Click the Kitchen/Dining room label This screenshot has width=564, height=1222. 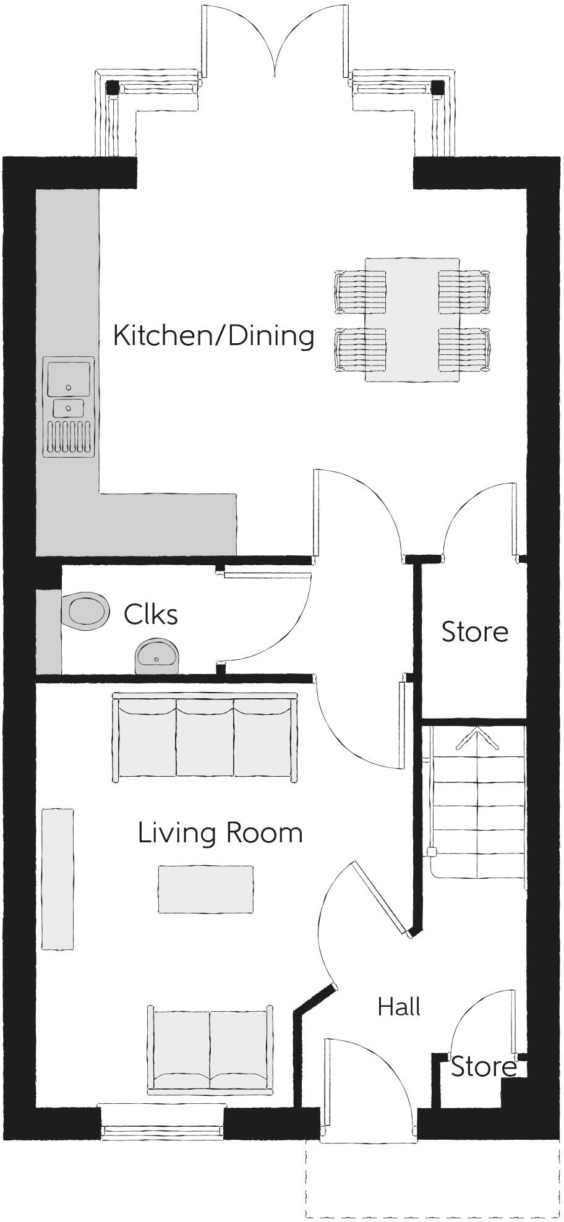pos(213,336)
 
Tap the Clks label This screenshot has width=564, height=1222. pos(150,615)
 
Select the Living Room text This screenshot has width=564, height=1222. pos(220,833)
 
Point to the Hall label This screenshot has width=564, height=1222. pos(399,1007)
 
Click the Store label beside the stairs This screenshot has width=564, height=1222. pos(474,632)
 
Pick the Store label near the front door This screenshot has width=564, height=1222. pos(483,1067)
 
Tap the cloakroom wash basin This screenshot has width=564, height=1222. pos(156,656)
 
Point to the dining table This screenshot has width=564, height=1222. pos(412,320)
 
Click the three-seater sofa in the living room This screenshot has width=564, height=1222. pos(205,737)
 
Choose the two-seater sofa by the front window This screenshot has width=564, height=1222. pos(210,1049)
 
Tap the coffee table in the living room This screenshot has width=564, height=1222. pos(205,889)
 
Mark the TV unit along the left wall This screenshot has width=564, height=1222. pos(58,878)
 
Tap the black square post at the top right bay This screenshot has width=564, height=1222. pos(437,88)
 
